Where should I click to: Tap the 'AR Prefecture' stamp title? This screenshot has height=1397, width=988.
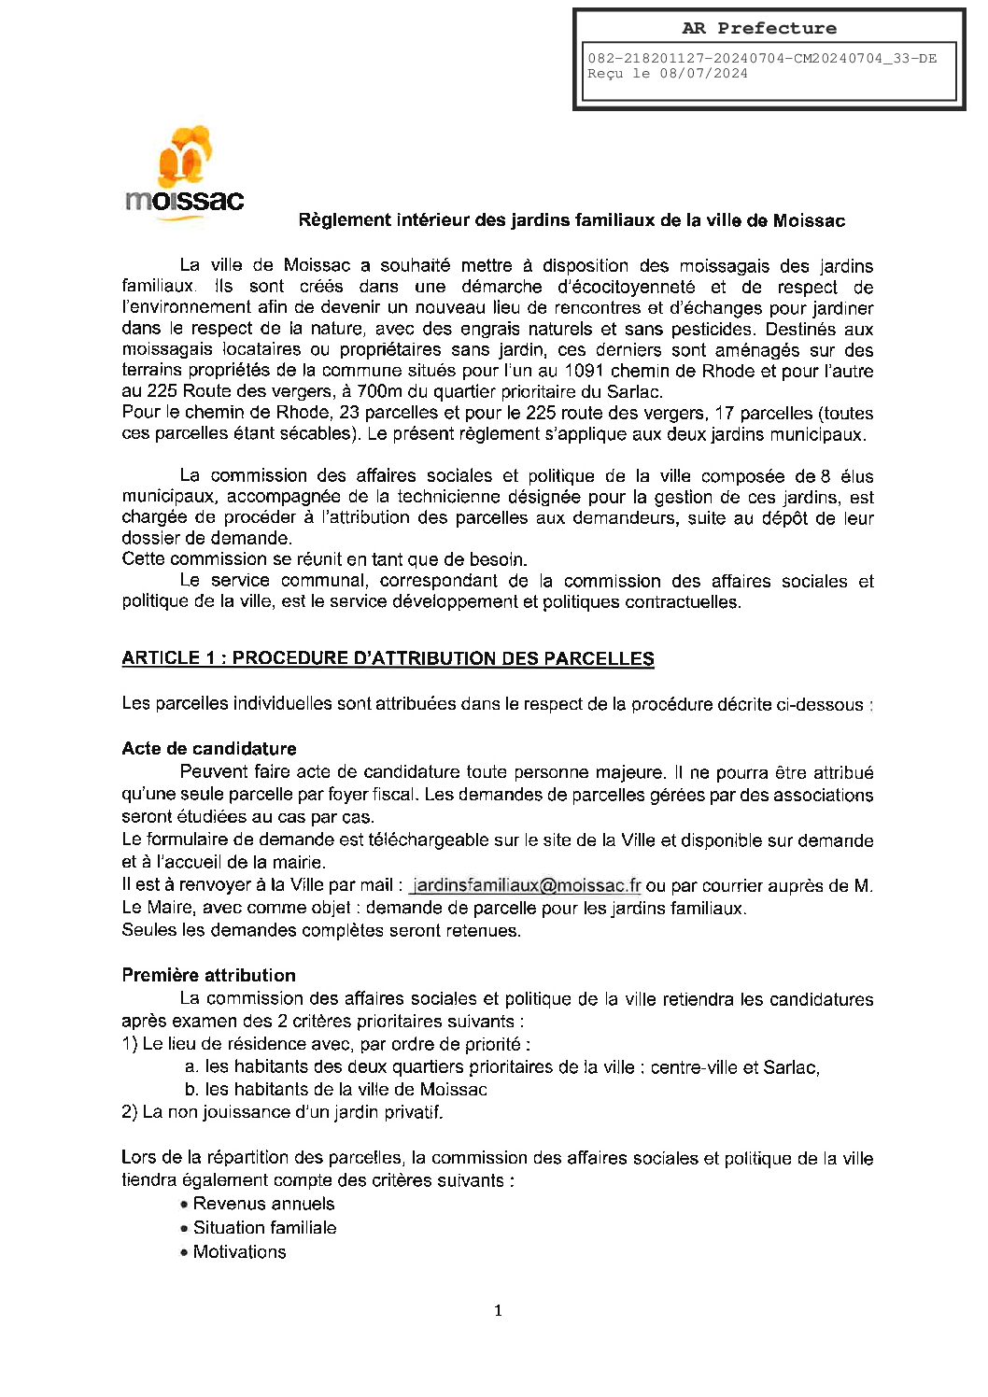pos(758,28)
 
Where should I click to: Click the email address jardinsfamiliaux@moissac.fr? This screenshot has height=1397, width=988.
pos(527,885)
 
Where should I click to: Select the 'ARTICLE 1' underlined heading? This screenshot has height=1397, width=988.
pos(388,658)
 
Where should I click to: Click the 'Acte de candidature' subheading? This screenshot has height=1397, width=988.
pos(209,749)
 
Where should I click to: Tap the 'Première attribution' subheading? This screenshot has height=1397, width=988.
pos(208,975)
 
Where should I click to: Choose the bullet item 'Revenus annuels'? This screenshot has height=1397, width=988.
pos(263,1204)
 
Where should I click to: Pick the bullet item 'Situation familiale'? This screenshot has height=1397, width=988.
pos(264,1228)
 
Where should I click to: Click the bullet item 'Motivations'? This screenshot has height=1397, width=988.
pos(239,1252)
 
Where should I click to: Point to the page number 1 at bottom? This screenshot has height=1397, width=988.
pos(498,1310)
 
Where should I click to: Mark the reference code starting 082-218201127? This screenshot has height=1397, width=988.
pos(762,58)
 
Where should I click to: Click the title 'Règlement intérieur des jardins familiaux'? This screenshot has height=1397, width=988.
pos(571,220)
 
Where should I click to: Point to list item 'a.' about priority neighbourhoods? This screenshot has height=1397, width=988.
pos(502,1067)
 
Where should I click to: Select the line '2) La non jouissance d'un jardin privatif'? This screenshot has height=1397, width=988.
pos(282,1112)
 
